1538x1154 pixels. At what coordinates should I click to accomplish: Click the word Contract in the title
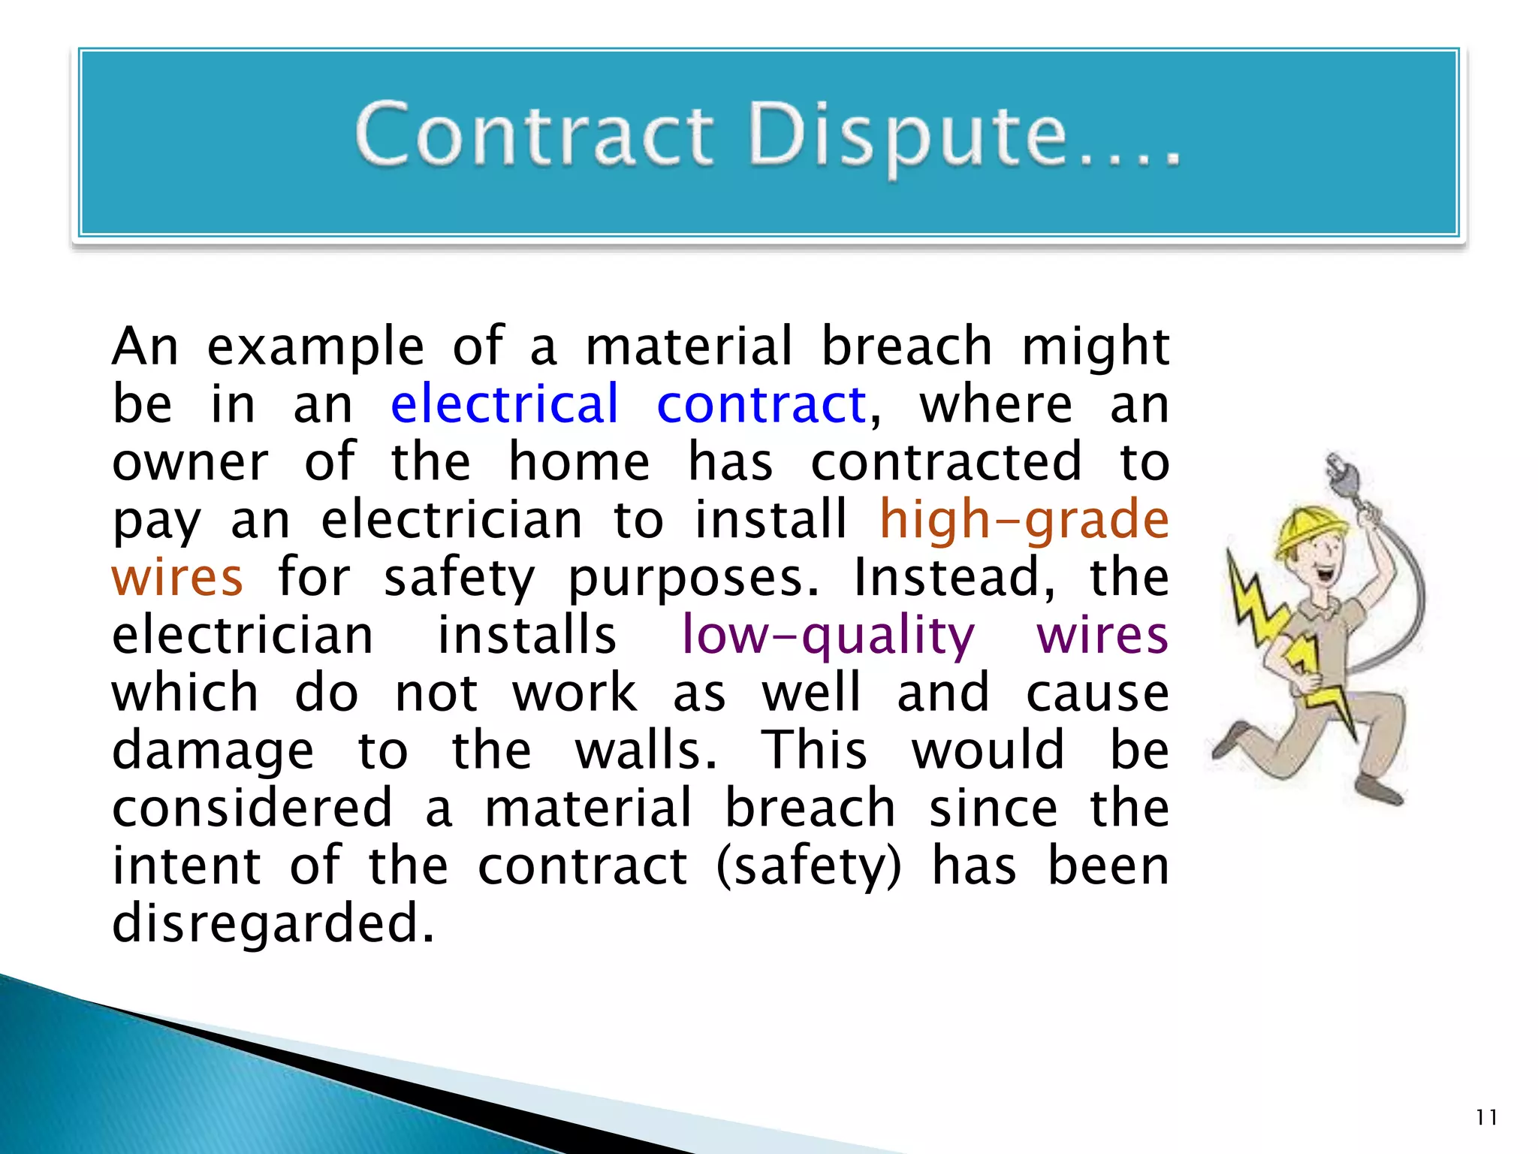533,135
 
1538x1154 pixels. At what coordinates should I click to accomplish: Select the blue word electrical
504,404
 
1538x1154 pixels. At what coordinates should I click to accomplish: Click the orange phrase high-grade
1024,520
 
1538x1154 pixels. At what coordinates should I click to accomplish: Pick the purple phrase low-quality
828,636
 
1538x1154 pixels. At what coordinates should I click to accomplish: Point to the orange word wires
177,578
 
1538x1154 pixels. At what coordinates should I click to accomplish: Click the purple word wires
1102,636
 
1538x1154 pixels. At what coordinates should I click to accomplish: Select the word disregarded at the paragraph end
273,923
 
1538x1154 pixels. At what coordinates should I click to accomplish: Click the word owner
190,462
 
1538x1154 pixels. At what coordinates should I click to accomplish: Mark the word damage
213,751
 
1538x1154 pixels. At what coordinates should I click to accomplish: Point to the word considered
252,808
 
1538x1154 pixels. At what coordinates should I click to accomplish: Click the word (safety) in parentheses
809,866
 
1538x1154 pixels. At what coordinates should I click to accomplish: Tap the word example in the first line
315,347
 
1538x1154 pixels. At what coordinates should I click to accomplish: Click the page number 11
1486,1117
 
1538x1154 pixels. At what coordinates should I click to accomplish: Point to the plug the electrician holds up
1340,470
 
